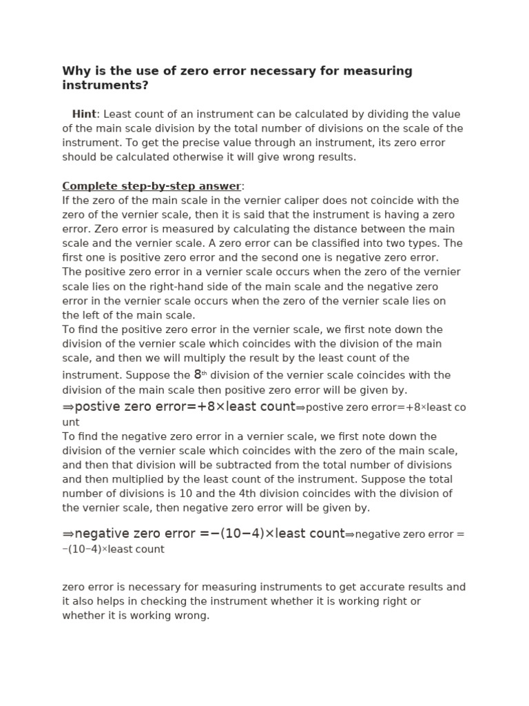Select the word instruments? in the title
(x=105, y=85)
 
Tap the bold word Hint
(x=84, y=114)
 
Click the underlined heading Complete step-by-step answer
(x=152, y=186)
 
